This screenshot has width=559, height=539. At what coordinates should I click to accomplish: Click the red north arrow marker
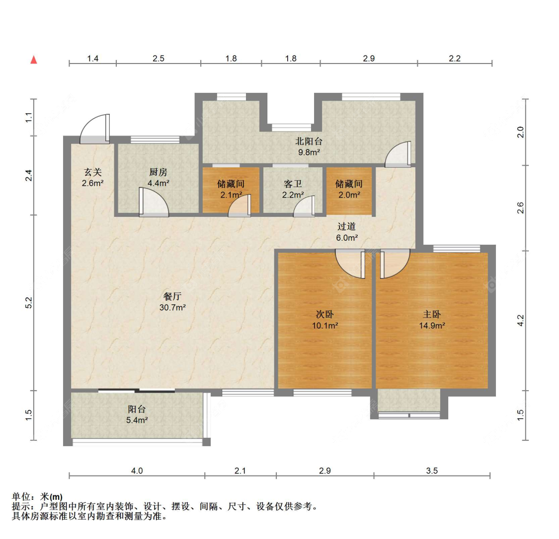click(34, 60)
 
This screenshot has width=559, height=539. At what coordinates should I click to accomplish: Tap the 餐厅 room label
click(172, 296)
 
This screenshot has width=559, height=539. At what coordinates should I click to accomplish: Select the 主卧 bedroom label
click(432, 314)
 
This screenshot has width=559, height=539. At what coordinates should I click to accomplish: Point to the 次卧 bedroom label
click(325, 314)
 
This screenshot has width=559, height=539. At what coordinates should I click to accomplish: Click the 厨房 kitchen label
click(159, 172)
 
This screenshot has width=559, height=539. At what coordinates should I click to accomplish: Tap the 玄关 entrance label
click(93, 172)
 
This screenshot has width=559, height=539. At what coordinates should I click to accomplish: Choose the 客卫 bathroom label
click(293, 184)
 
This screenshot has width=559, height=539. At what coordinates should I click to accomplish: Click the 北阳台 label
click(309, 141)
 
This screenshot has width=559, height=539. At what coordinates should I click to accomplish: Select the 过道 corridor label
click(346, 226)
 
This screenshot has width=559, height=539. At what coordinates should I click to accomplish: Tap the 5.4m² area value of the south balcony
click(137, 420)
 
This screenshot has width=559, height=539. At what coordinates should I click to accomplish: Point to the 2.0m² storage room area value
click(349, 195)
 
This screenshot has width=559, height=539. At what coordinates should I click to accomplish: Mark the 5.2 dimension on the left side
click(29, 303)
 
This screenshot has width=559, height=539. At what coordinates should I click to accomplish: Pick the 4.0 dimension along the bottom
click(137, 471)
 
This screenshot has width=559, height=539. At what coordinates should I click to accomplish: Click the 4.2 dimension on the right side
click(521, 321)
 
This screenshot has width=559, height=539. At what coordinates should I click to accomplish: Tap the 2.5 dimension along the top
click(159, 59)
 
